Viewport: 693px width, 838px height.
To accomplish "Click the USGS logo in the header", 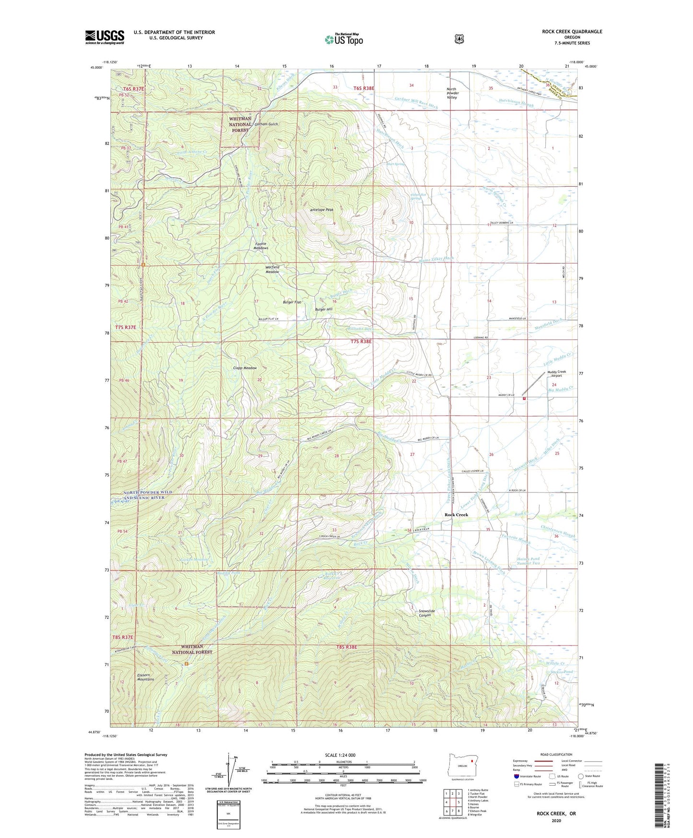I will pyautogui.click(x=105, y=37).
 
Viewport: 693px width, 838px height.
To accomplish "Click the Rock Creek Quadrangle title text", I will pyautogui.click(x=572, y=32).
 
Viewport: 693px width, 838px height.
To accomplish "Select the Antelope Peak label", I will pyautogui.click(x=321, y=210).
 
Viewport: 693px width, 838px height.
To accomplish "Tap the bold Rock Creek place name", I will pyautogui.click(x=456, y=515).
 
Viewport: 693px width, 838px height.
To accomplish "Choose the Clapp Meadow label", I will pyautogui.click(x=245, y=368).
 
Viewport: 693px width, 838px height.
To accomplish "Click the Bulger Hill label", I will pyautogui.click(x=323, y=310).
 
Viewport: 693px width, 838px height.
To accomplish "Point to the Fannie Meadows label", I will pyautogui.click(x=261, y=246).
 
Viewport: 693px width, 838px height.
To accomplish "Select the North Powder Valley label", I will pyautogui.click(x=452, y=93).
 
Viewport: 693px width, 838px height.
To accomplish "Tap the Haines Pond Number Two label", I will pyautogui.click(x=529, y=561).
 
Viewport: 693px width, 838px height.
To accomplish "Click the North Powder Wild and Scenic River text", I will pyautogui.click(x=141, y=495).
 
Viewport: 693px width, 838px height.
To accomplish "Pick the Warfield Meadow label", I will pyautogui.click(x=272, y=269).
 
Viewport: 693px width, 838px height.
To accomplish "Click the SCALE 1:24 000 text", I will pyautogui.click(x=340, y=755).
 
